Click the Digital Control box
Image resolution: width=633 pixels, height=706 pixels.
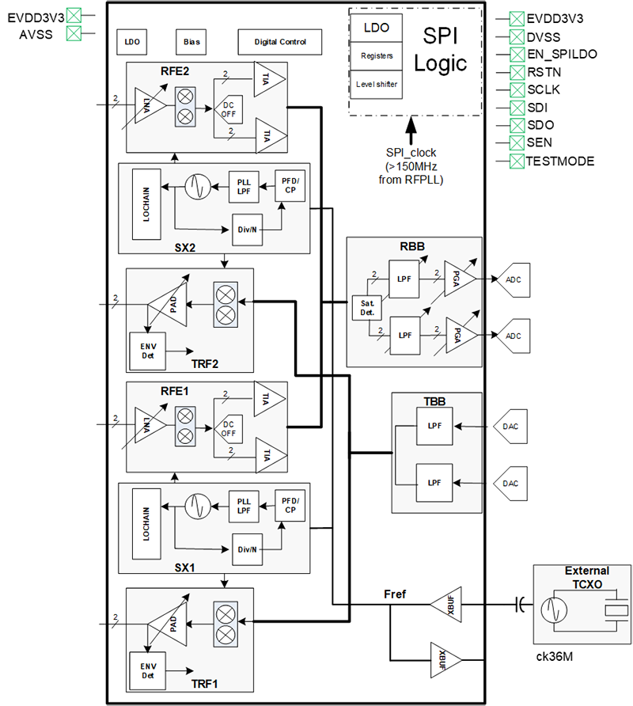pos(281,42)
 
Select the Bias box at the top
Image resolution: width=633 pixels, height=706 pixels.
pos(191,42)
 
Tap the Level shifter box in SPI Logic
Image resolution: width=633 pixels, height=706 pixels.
pos(377,85)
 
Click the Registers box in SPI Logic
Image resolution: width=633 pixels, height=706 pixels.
pos(377,56)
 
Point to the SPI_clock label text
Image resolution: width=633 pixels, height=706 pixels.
pos(411,152)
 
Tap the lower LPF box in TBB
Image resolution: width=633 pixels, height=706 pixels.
pos(434,483)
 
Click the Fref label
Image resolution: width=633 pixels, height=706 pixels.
pos(395,593)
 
